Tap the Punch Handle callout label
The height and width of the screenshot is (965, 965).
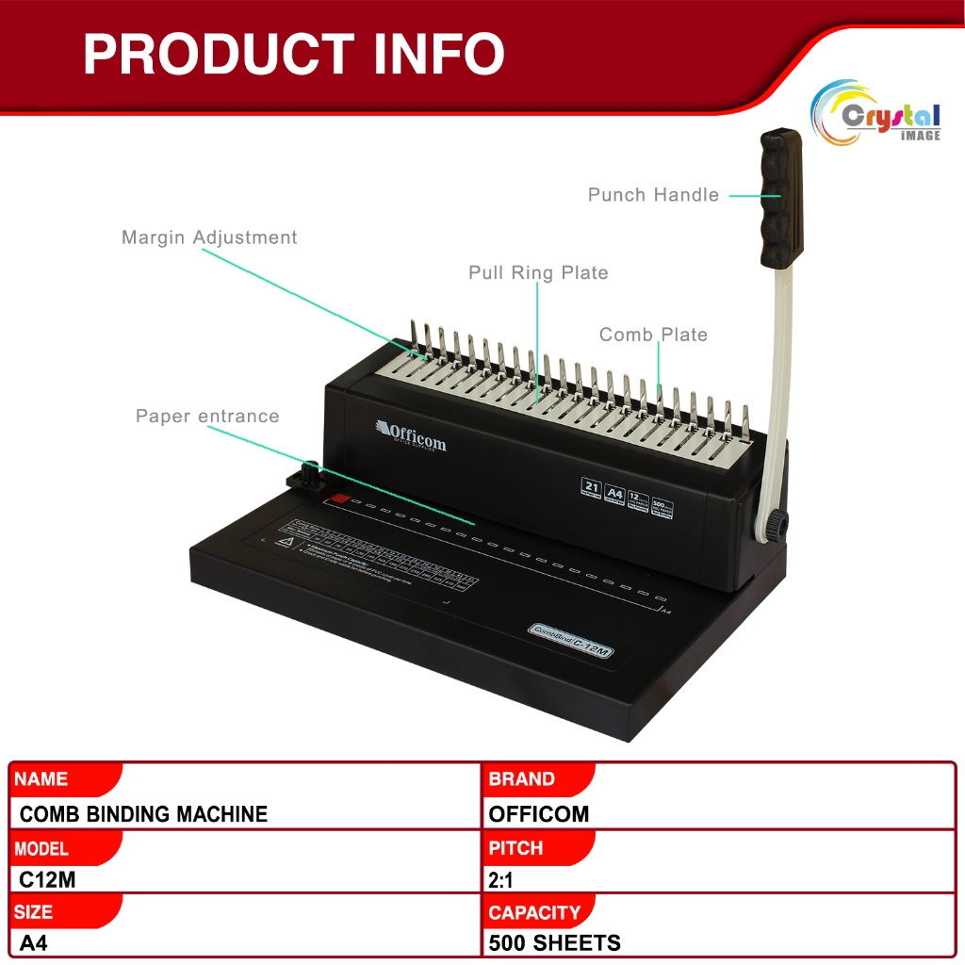point(653,195)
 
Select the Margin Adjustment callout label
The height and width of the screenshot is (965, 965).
point(209,237)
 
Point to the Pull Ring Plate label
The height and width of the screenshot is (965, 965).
point(538,273)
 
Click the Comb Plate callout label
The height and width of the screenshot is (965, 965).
point(653,335)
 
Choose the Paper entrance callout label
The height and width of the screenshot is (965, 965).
point(207,417)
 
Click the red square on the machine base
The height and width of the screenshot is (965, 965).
point(339,500)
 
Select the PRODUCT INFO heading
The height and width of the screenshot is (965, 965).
point(293,55)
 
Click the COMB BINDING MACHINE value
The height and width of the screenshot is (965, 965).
point(143,814)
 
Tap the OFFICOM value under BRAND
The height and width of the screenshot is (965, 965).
point(539,814)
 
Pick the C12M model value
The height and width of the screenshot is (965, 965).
point(46,879)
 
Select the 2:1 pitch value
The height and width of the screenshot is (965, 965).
point(500,879)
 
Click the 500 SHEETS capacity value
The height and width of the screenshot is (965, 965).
point(554,942)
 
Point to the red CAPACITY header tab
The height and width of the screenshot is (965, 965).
point(534,912)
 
